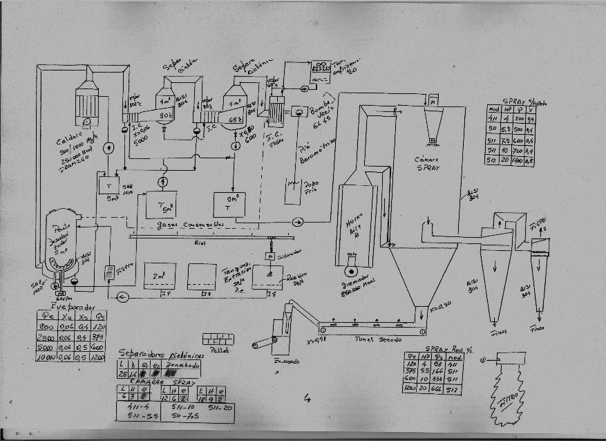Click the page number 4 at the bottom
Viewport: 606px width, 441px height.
[306, 398]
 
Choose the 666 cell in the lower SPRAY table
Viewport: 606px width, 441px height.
[437, 388]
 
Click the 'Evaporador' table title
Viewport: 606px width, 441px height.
[73, 306]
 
